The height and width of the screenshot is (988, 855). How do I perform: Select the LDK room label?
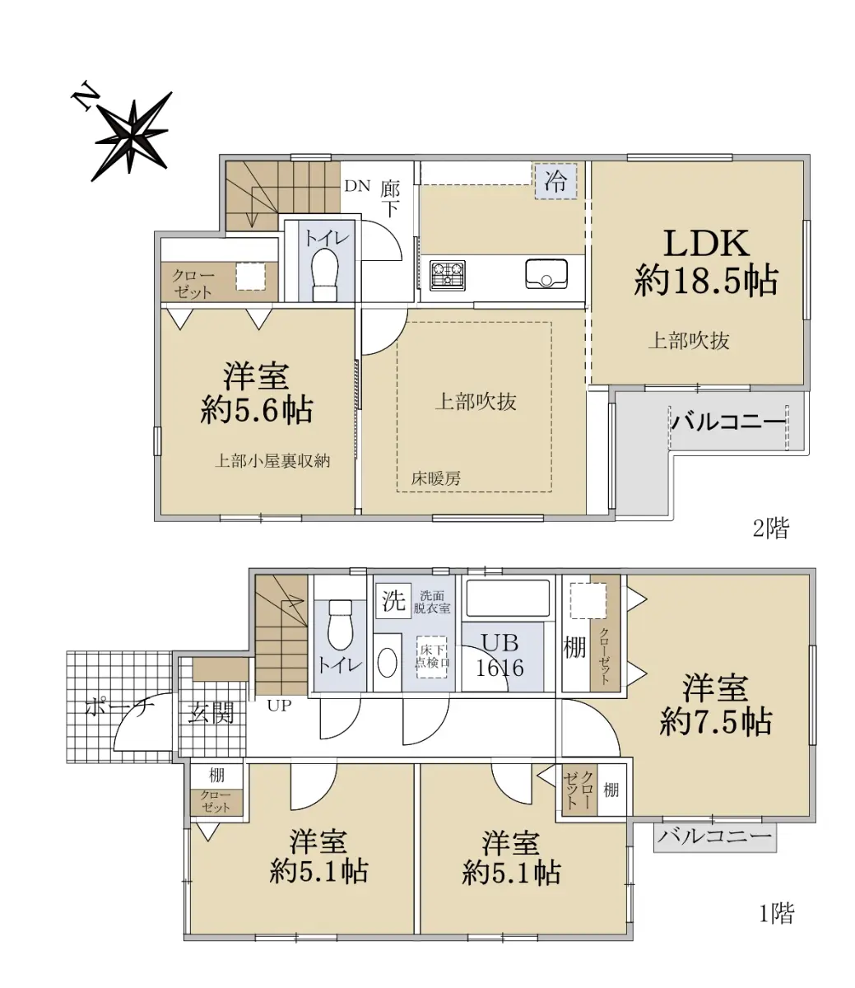[x=706, y=244]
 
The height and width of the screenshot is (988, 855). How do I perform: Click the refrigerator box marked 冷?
[x=555, y=181]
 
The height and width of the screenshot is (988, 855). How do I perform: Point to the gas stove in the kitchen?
[x=448, y=275]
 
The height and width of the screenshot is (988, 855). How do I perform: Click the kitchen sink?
[x=546, y=274]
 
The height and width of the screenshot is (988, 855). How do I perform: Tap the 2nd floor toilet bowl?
[x=325, y=274]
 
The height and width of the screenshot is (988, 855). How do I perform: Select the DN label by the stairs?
[x=357, y=186]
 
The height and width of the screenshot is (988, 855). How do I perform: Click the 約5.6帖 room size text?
[x=257, y=410]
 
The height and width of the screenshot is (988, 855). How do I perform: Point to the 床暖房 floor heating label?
[x=436, y=478]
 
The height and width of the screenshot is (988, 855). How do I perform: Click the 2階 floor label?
[x=771, y=529]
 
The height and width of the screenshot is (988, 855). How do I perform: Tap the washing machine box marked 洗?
[x=394, y=601]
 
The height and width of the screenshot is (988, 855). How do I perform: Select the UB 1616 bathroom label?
[x=500, y=655]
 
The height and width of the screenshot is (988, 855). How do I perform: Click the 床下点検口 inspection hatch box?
[x=432, y=657]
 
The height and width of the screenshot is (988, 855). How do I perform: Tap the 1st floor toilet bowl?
[x=340, y=625]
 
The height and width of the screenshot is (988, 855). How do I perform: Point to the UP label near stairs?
[x=280, y=706]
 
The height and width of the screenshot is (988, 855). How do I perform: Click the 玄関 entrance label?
[x=210, y=714]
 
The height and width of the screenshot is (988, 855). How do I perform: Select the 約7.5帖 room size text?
[x=716, y=721]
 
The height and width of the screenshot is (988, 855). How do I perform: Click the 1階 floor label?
[x=777, y=913]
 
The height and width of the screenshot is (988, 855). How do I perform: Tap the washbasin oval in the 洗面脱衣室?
[x=387, y=663]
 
